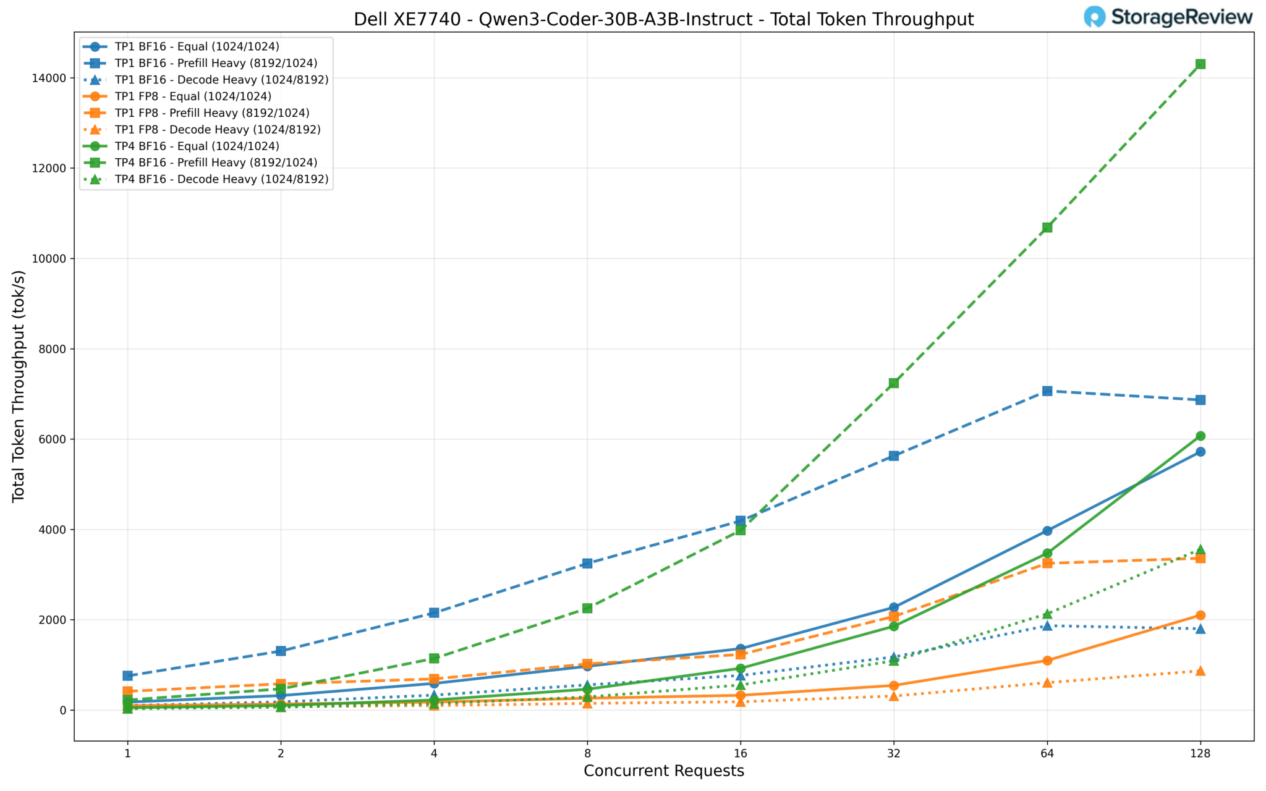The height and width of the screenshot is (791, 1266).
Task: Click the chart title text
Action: (663, 20)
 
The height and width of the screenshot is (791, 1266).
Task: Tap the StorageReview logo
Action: (1168, 17)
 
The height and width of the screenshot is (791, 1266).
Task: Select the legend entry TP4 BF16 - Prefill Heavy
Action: (216, 163)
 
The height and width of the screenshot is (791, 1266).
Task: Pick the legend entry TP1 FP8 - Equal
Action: (193, 96)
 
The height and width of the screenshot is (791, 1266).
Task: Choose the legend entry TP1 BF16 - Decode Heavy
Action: (221, 80)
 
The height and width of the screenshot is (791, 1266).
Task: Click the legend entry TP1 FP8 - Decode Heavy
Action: (218, 130)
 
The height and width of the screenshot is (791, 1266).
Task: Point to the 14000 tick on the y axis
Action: (53, 78)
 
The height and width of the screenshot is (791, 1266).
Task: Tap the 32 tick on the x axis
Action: (893, 753)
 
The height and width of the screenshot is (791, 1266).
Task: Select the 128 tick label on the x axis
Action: (1200, 753)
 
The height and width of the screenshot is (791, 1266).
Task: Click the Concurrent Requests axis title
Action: (663, 771)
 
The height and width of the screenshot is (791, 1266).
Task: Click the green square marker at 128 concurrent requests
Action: (1200, 64)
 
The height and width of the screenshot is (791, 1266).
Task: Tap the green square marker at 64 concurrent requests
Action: (1047, 227)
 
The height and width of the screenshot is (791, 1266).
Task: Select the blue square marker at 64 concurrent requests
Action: (1047, 391)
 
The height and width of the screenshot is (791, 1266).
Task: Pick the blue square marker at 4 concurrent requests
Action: (434, 612)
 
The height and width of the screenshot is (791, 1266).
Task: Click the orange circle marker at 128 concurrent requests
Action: (1200, 615)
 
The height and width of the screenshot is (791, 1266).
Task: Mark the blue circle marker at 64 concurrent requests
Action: (1047, 531)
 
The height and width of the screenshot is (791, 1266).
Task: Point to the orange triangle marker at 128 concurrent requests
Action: (1200, 671)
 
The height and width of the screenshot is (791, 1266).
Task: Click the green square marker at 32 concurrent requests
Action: (893, 383)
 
